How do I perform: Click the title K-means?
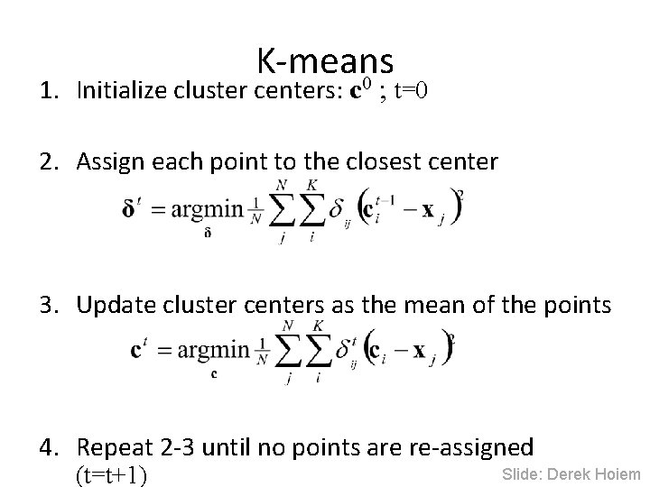click(x=325, y=61)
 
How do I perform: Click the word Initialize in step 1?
click(x=117, y=90)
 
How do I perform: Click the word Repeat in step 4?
click(x=110, y=447)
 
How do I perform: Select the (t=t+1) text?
click(x=112, y=473)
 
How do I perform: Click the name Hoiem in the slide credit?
click(x=617, y=474)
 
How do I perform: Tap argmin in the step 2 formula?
click(x=207, y=209)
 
